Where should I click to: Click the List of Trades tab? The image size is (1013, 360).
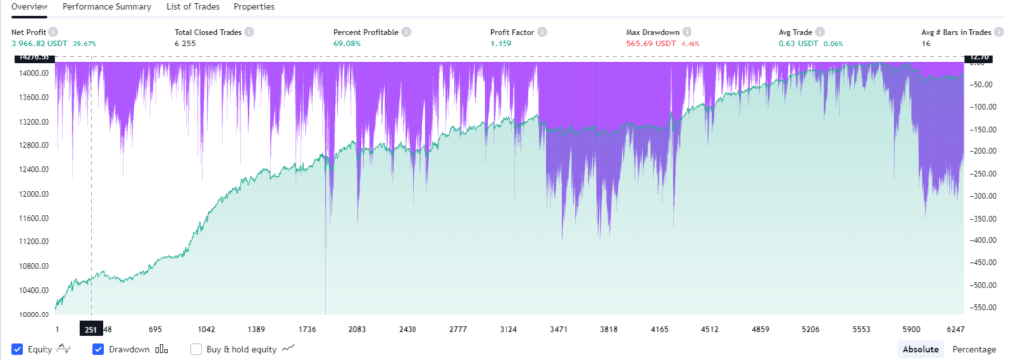[195, 7]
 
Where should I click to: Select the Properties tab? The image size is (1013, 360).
[254, 7]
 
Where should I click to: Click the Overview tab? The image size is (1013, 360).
[30, 7]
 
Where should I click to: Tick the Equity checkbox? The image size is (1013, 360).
[18, 349]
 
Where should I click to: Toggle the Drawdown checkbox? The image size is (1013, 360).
[98, 349]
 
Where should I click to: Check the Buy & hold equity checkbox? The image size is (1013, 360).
[196, 349]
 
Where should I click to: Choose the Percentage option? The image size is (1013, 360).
[973, 349]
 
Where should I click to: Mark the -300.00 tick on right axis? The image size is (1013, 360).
[989, 196]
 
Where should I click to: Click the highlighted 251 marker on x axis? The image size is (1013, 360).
[91, 328]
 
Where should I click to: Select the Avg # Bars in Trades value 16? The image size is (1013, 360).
[926, 45]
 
